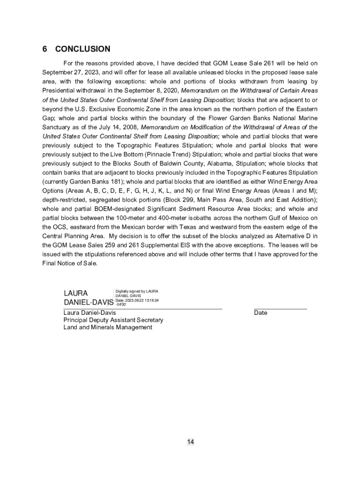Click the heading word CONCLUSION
(x=83, y=49)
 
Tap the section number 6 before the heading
(x=45, y=49)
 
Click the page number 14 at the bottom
(x=191, y=442)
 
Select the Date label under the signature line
(x=261, y=312)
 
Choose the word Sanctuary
(x=58, y=127)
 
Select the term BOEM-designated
(x=114, y=210)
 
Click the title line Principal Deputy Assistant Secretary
(x=113, y=320)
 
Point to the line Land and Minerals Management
(x=108, y=327)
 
